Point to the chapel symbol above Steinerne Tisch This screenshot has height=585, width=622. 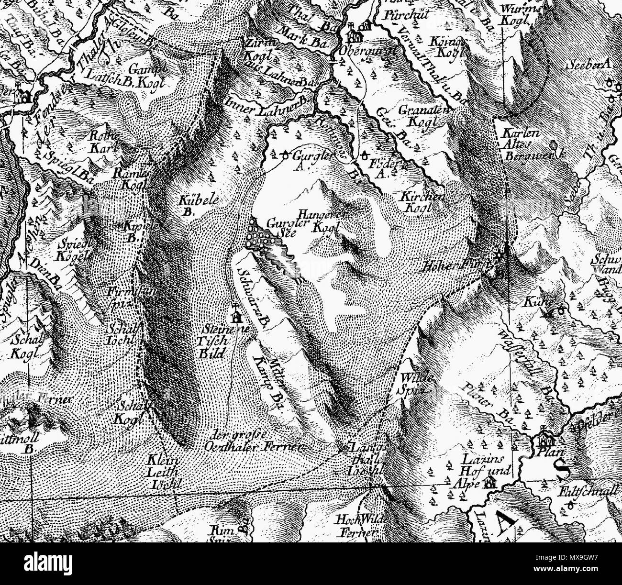(x=235, y=316)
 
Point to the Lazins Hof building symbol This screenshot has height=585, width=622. (x=490, y=483)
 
